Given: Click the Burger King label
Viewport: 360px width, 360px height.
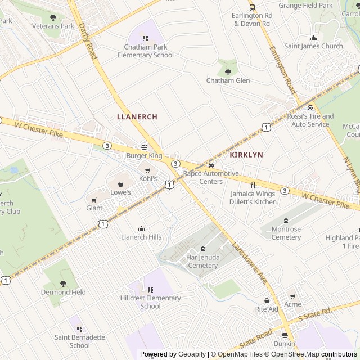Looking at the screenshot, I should (x=144, y=155).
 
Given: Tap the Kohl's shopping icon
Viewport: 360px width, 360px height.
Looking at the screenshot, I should (x=148, y=170).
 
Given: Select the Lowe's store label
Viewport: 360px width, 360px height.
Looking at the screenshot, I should (x=120, y=192).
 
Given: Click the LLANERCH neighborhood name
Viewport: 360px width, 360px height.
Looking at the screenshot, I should (x=137, y=116).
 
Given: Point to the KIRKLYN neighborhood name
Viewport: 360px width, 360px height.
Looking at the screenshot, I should (x=246, y=154).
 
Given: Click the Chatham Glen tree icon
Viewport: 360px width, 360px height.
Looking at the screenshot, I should (x=228, y=71).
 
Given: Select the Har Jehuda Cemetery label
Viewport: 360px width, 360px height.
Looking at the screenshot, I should (x=202, y=262).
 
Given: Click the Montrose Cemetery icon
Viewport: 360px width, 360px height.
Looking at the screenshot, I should (x=286, y=220).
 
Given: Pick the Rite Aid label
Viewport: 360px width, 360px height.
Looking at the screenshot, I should (x=267, y=309).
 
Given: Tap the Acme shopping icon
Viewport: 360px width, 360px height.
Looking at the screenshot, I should (x=292, y=296).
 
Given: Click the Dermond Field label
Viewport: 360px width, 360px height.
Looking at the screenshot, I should (x=63, y=292).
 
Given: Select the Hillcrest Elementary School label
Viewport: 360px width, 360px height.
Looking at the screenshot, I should (x=150, y=302).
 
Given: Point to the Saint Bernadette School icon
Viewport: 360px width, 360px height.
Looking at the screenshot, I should (x=79, y=329).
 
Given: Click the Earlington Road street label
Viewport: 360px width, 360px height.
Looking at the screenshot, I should (x=282, y=70).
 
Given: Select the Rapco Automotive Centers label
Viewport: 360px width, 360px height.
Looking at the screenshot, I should (x=211, y=177).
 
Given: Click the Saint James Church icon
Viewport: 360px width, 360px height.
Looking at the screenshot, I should (x=313, y=38).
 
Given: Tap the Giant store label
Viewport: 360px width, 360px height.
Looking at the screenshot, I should (x=94, y=208).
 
